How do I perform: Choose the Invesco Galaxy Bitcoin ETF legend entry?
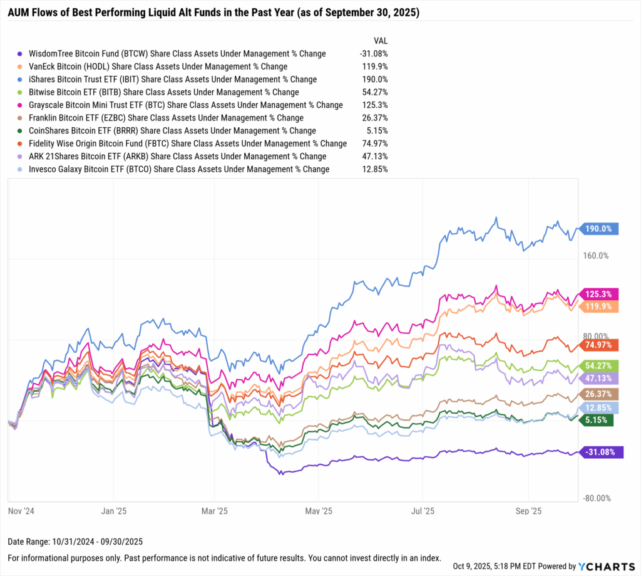tap(177, 169)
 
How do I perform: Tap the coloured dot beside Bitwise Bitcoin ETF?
tap(21, 92)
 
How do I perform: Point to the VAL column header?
tap(380, 40)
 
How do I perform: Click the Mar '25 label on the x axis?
tap(214, 511)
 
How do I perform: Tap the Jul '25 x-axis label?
tap(422, 511)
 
